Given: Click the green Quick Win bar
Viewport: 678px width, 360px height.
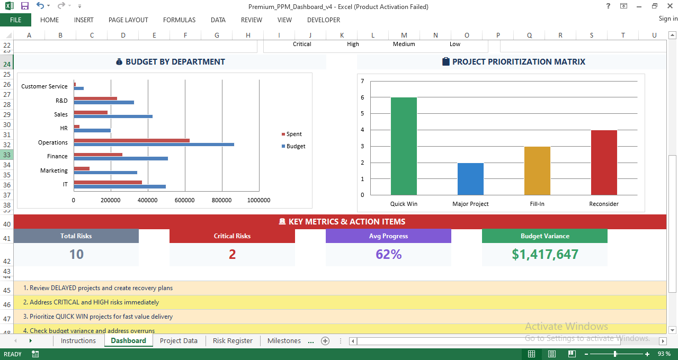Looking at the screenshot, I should point(404,146).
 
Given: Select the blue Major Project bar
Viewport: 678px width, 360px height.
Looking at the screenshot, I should point(470,179).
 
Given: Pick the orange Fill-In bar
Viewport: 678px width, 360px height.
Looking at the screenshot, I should point(537,170).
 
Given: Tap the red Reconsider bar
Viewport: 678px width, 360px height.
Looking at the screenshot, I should point(604,163).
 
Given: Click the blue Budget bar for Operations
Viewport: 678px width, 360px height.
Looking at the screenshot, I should point(154,145).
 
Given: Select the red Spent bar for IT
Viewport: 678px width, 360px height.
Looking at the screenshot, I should point(108,182).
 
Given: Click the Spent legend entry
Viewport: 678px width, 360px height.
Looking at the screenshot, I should point(293,134).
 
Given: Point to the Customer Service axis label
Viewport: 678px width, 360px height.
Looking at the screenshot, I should point(44,86).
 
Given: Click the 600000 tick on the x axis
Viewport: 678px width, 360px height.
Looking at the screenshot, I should point(184,200).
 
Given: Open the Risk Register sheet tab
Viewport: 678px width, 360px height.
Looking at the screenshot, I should point(233,341).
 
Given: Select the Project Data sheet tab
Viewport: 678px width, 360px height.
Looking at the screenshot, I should point(179,341).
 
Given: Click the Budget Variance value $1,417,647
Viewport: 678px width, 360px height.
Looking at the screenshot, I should point(545,255).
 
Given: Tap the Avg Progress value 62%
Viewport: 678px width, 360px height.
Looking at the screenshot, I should point(388,255).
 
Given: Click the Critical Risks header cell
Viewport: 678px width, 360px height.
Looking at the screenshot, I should point(232,236).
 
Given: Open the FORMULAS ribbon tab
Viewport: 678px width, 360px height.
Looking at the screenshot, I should point(179,20).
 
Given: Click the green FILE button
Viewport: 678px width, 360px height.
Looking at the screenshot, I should point(15,20).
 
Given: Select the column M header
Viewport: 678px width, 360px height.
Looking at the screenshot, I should point(404,35).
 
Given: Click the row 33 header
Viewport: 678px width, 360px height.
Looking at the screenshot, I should point(7,155).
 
